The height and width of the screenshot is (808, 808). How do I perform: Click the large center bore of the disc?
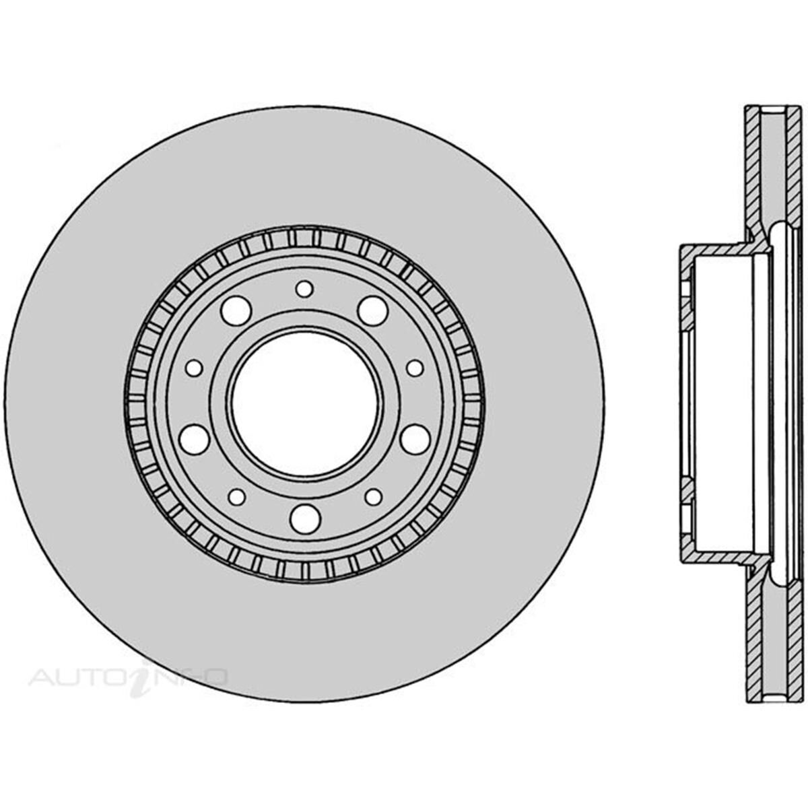tap(304, 403)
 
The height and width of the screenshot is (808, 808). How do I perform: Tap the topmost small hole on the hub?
tap(304, 289)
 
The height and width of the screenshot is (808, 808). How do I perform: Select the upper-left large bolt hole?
tap(236, 310)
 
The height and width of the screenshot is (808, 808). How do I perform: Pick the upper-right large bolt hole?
tap(372, 310)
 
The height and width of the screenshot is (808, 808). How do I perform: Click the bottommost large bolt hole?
tap(304, 517)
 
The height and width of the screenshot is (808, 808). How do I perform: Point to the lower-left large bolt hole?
tap(195, 439)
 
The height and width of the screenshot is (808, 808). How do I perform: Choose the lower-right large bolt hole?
tap(415, 439)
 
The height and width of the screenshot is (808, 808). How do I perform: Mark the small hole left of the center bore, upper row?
tap(194, 368)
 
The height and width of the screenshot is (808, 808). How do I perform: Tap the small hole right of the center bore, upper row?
tap(415, 368)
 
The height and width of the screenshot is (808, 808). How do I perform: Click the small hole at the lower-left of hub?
tap(237, 497)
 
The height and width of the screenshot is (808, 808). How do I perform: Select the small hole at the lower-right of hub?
tap(373, 497)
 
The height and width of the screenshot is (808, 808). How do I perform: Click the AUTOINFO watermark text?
tap(128, 675)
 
